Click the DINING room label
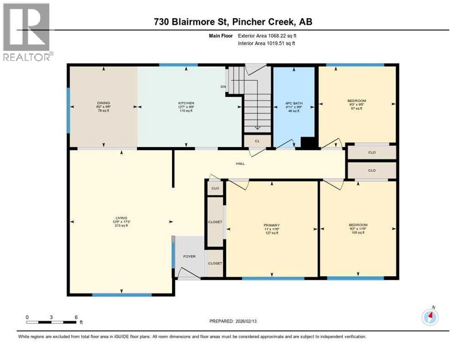coord(103,103)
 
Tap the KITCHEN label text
coord(186,103)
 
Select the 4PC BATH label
coord(293,103)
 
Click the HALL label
coord(240,164)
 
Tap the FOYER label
coord(189,256)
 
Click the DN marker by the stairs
coord(224,87)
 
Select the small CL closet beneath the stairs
coord(257,141)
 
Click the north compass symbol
coord(430,317)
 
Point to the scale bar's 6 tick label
coord(76,317)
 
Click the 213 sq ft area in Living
coord(120,226)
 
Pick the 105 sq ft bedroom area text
coord(358,233)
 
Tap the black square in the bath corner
coord(307,143)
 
